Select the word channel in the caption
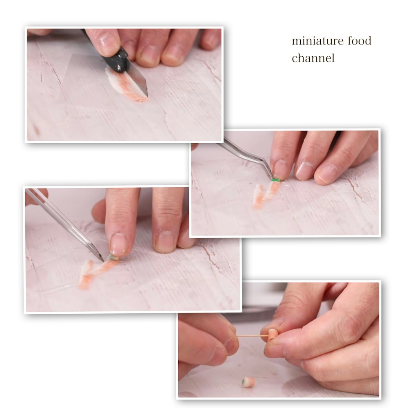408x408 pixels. [x=313, y=58]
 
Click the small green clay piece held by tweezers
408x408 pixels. [x=275, y=180]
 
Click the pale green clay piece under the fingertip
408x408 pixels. [x=113, y=258]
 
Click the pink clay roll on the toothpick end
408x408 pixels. [x=272, y=335]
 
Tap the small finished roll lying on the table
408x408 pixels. [x=248, y=382]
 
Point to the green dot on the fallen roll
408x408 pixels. [x=243, y=382]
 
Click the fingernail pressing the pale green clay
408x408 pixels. [x=118, y=243]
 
